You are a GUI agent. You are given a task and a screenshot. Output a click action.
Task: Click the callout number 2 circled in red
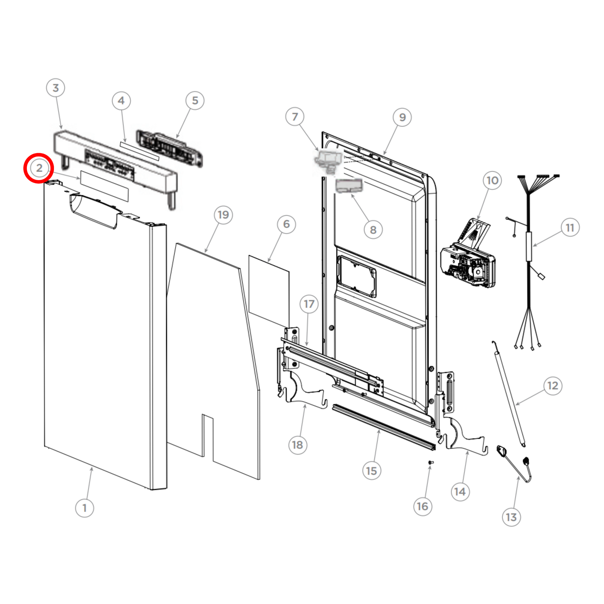click(x=39, y=168)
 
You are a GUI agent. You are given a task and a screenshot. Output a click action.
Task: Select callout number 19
click(x=223, y=215)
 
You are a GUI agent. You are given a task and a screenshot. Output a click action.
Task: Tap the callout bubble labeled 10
click(x=492, y=180)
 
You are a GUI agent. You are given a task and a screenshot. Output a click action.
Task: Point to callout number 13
click(x=511, y=517)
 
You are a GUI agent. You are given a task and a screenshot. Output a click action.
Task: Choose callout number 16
click(x=422, y=506)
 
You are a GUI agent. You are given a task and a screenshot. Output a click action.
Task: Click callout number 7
click(x=295, y=117)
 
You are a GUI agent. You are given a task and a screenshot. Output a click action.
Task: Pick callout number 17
click(x=309, y=304)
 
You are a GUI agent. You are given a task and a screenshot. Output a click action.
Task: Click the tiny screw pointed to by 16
click(x=431, y=462)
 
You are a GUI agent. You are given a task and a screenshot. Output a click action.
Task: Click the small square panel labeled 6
click(x=269, y=291)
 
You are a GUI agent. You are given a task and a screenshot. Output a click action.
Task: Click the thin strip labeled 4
click(x=140, y=151)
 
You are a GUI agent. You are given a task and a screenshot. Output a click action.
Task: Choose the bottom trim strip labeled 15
click(x=383, y=427)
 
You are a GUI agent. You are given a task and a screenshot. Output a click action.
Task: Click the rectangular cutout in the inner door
click(x=357, y=276)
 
